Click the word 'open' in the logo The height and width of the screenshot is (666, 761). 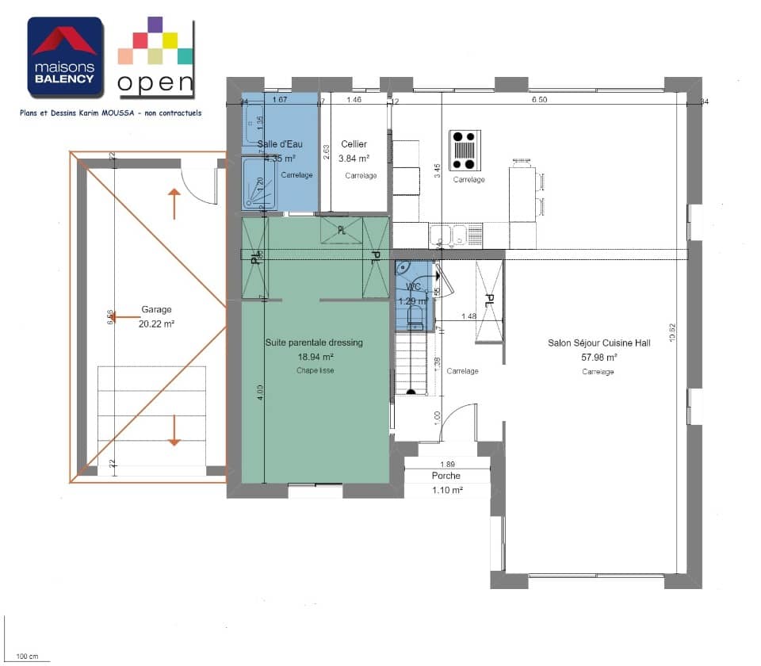[x=155, y=82]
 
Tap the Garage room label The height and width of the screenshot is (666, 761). [x=156, y=310]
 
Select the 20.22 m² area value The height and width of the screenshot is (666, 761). [x=156, y=323]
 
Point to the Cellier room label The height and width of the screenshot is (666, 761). [x=354, y=144]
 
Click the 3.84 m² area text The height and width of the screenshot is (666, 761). [x=354, y=159]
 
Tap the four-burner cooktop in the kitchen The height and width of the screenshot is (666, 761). [x=465, y=151]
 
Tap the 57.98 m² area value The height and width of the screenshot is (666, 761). [x=598, y=358]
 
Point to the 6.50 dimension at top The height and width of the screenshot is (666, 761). [x=538, y=100]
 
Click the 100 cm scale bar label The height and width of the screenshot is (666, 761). [x=27, y=656]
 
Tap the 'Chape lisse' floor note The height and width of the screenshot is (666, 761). [x=315, y=370]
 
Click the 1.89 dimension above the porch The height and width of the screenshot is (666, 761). [x=447, y=464]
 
